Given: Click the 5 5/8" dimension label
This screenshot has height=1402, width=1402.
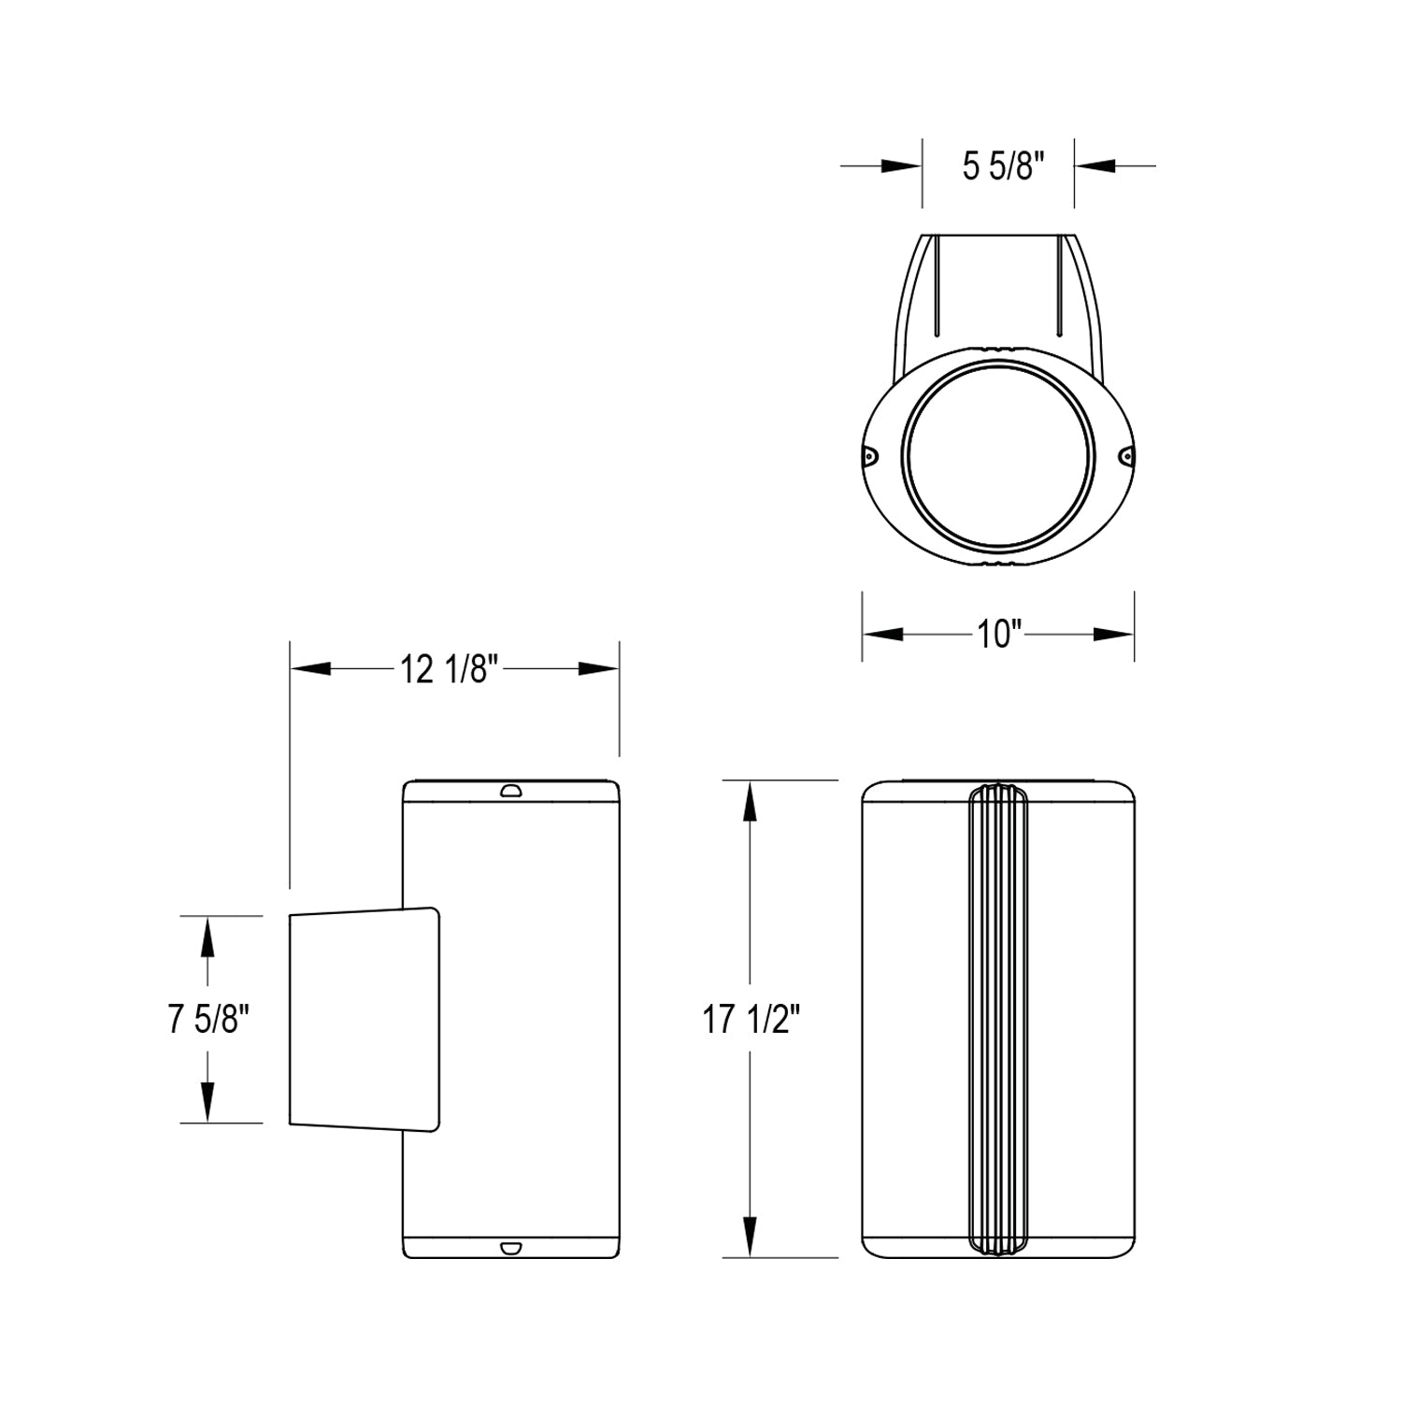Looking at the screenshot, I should (997, 167).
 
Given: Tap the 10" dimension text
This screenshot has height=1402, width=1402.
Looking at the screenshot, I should (997, 635).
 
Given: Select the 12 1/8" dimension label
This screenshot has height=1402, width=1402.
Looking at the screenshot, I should (445, 669).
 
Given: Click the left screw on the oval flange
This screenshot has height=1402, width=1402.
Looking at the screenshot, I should (869, 456).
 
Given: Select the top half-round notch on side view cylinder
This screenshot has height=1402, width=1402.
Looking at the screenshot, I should (510, 792).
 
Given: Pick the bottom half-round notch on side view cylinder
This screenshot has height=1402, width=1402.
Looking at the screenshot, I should (510, 1247).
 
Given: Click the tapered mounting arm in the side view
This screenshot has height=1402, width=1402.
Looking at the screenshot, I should (365, 1019).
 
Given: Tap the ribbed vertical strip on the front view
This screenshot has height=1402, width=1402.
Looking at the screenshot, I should (997, 1019).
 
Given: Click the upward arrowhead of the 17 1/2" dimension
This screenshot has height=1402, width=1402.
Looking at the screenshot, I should (749, 801).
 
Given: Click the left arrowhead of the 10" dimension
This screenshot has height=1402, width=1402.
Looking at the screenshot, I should (883, 635).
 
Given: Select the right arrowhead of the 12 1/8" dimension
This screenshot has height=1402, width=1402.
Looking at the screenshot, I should (598, 669).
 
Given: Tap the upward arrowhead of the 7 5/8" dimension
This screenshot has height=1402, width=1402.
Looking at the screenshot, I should (207, 937).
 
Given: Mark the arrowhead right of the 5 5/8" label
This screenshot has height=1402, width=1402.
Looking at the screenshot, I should (1095, 166).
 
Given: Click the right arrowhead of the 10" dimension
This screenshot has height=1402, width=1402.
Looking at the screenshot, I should (1113, 635).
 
